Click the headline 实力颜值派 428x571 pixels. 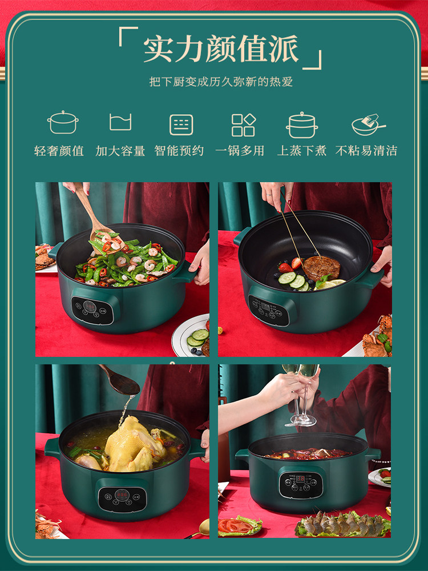(x=221, y=50)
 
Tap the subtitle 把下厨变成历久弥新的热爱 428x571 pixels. (x=221, y=82)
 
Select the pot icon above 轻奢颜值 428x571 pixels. (x=63, y=123)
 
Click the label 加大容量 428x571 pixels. (x=120, y=151)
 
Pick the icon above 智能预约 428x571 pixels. (x=181, y=124)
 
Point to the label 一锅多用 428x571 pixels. (x=240, y=151)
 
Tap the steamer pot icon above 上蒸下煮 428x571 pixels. (x=302, y=124)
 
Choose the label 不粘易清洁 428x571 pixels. (x=366, y=151)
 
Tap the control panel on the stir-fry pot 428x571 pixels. (x=92, y=310)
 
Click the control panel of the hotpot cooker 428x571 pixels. (x=301, y=484)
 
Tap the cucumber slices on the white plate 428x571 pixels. (x=197, y=337)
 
